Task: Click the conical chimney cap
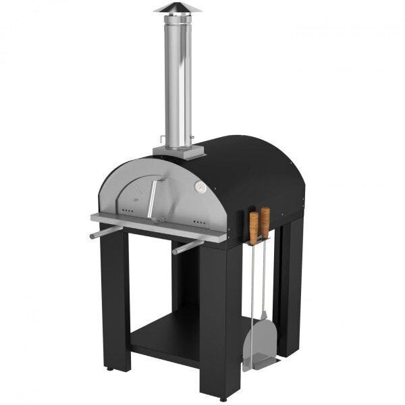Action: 178,8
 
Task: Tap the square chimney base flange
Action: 179,151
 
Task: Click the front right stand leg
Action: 219,317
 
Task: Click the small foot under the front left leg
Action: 109,369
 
